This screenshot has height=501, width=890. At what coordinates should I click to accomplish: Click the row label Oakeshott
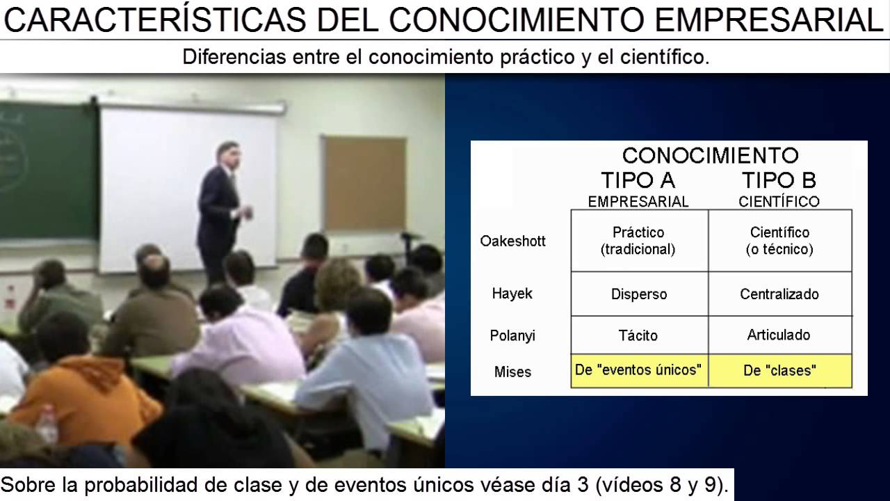[x=512, y=241]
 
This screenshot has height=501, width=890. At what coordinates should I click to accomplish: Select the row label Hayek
[x=512, y=294]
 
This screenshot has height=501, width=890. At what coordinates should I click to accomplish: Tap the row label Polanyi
[x=512, y=335]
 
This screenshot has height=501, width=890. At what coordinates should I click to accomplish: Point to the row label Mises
[x=512, y=372]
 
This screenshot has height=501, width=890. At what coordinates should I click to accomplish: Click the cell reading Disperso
[x=639, y=294]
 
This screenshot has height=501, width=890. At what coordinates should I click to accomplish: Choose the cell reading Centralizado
[x=779, y=294]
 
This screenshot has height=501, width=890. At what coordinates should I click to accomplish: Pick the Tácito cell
[x=638, y=335]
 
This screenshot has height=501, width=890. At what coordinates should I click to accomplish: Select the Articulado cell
[x=779, y=335]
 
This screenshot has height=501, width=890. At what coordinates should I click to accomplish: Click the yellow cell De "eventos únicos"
[x=638, y=369]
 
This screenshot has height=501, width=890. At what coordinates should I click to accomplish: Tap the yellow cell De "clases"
[x=779, y=371]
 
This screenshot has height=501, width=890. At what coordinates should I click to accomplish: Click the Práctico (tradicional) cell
[x=638, y=241]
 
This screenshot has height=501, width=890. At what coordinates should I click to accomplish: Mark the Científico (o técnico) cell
[x=779, y=241]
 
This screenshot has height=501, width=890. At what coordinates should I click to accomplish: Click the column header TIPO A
[x=638, y=180]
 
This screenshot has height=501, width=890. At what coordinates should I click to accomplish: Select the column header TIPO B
[x=778, y=180]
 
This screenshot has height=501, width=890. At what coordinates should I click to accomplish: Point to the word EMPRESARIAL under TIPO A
[x=638, y=202]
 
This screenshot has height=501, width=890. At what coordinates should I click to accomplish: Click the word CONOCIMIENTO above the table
[x=710, y=155]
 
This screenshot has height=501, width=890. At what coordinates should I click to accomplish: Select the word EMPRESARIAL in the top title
[x=769, y=21]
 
